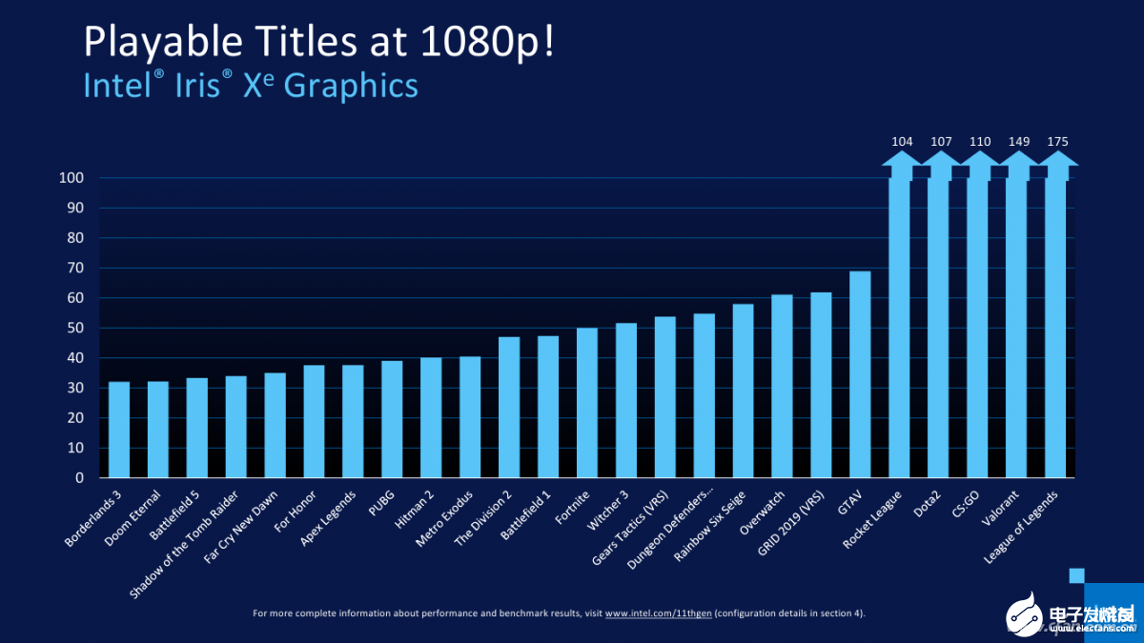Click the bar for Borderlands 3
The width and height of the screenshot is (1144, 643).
[x=119, y=430]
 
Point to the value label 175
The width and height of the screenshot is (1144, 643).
[x=1056, y=142]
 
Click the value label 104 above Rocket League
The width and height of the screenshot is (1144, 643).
[x=901, y=142]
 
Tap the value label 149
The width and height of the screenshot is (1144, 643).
[x=1017, y=142]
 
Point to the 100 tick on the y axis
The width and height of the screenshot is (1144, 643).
[x=71, y=178]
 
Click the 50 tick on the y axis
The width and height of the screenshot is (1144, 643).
[x=75, y=328]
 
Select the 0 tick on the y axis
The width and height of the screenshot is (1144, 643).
[x=79, y=478]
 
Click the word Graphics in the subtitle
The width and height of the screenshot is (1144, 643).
[x=351, y=85]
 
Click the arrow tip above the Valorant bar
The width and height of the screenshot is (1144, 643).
[x=1017, y=158]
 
